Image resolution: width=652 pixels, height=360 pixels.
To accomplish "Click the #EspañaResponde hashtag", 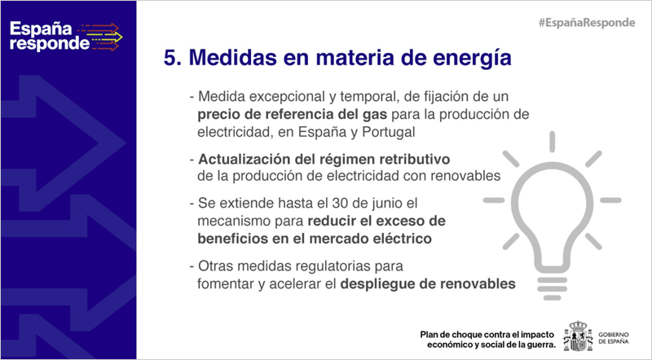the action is pos(587,23).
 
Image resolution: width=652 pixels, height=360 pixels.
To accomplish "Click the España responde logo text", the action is pos(50,36).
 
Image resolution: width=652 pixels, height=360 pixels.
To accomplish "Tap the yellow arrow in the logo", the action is pos(107,37).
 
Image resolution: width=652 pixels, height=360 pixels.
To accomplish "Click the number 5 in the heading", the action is pos(170,57).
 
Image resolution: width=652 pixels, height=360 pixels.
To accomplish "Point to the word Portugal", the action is pos(389,132).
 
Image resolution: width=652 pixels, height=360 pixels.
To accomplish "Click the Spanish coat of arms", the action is pos(578,336).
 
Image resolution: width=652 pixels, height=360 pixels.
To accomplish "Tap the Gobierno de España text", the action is pos(614,338).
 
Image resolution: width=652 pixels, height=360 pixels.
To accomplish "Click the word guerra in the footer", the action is pos(542,345).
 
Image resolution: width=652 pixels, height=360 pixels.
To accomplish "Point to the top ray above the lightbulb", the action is pos(553,142).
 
